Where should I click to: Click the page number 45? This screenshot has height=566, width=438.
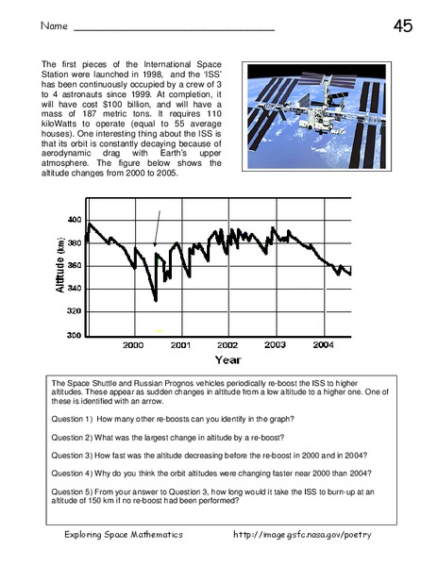coord(402,26)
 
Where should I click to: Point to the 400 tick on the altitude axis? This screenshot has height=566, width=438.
coord(74,220)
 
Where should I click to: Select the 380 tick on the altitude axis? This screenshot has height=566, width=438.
coord(74,242)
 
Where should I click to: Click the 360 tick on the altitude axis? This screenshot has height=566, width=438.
coord(74,266)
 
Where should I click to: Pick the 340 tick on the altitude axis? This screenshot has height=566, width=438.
coord(74,289)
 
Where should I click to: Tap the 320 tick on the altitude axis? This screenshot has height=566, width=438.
coord(74,311)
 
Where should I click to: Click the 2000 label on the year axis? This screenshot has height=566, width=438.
coord(133,346)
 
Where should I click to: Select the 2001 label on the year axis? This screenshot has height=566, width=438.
coord(180,346)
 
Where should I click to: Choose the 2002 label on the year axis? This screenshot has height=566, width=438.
coord(227,346)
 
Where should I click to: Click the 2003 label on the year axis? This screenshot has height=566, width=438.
coord(275,346)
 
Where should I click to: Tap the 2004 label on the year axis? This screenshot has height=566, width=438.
coord(323,346)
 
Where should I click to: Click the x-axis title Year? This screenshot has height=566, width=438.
coord(227,360)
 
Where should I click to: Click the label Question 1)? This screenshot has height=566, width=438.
coord(76,416)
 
